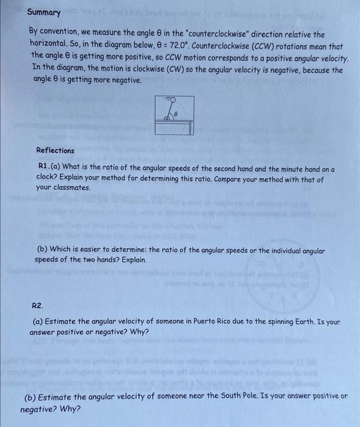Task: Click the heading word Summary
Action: [x=44, y=13]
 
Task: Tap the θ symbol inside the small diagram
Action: [x=175, y=113]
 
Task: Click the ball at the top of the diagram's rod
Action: [x=173, y=98]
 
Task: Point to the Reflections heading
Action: [x=55, y=151]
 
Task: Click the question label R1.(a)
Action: [x=49, y=167]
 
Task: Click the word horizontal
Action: [x=51, y=45]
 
